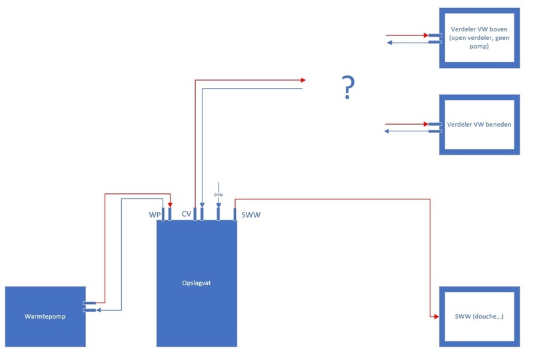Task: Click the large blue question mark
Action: tap(347, 87)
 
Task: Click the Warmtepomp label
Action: tap(45, 317)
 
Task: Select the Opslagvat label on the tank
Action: tap(197, 283)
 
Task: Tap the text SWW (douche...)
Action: tap(478, 315)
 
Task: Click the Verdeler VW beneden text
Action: tap(479, 125)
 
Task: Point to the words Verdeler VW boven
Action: tap(478, 29)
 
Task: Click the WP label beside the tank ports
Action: tap(155, 215)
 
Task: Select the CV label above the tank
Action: tap(187, 214)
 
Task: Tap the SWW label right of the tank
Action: tap(251, 215)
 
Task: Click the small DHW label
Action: tap(218, 195)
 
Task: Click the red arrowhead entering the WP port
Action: tap(170, 205)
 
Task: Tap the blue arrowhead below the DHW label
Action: tap(218, 204)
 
